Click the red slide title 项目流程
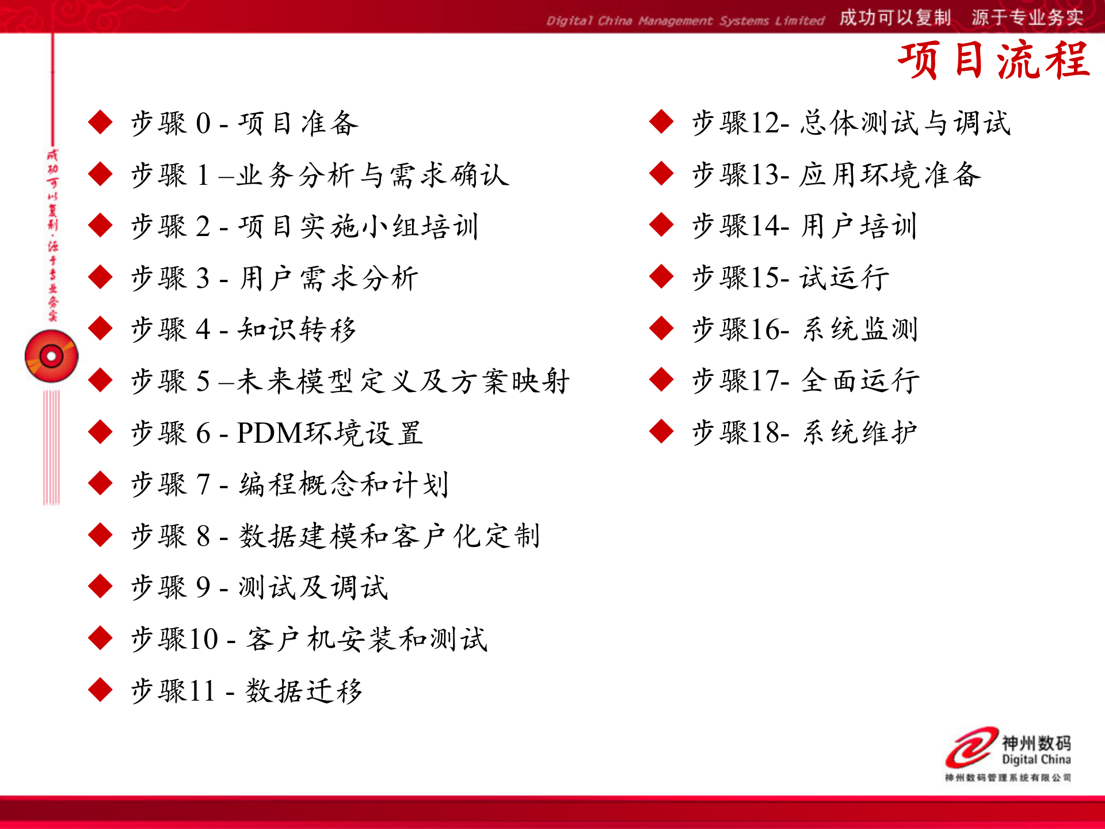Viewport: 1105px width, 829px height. tap(994, 60)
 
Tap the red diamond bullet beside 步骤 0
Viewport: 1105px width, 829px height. tap(101, 122)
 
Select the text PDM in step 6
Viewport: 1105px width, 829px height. tap(269, 433)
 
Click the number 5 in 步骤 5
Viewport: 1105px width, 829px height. tap(203, 382)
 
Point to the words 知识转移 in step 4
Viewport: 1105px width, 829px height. tap(297, 330)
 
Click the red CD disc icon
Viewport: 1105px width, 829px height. tap(51, 356)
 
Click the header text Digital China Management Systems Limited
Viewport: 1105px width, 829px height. tap(685, 21)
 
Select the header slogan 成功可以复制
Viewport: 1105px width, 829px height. tap(894, 18)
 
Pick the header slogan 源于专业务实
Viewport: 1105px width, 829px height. tap(1027, 18)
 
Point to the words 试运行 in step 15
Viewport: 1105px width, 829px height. tap(844, 278)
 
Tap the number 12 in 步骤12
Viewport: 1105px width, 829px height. tap(763, 123)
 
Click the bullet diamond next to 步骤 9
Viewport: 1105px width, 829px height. tap(101, 587)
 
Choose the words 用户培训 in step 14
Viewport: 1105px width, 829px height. tap(859, 226)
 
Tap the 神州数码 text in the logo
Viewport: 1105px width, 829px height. tap(1036, 743)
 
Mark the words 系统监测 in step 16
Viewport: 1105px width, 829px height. tap(860, 330)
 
